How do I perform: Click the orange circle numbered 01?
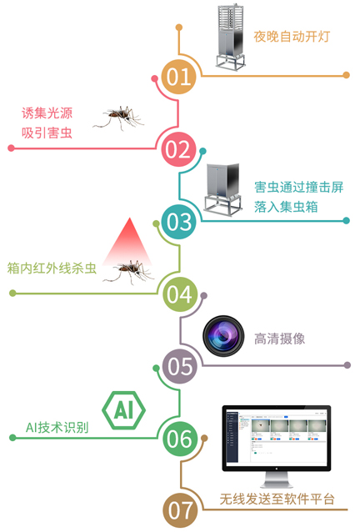[178, 77]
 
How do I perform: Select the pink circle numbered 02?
[178, 149]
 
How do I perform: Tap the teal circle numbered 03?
[178, 222]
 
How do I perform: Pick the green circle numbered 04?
[179, 294]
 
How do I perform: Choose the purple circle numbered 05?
[179, 366]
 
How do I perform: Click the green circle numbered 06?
[179, 439]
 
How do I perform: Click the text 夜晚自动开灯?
[292, 37]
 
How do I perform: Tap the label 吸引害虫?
[47, 133]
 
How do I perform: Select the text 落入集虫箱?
[286, 207]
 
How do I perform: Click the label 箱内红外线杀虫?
[52, 268]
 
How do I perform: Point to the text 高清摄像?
[280, 339]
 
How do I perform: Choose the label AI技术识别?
[57, 428]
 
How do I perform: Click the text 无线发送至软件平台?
[277, 499]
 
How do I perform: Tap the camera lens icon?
[223, 336]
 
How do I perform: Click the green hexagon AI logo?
[123, 410]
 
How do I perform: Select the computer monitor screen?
[277, 438]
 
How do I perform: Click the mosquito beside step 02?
[119, 118]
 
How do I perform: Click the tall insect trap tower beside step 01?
[231, 37]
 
